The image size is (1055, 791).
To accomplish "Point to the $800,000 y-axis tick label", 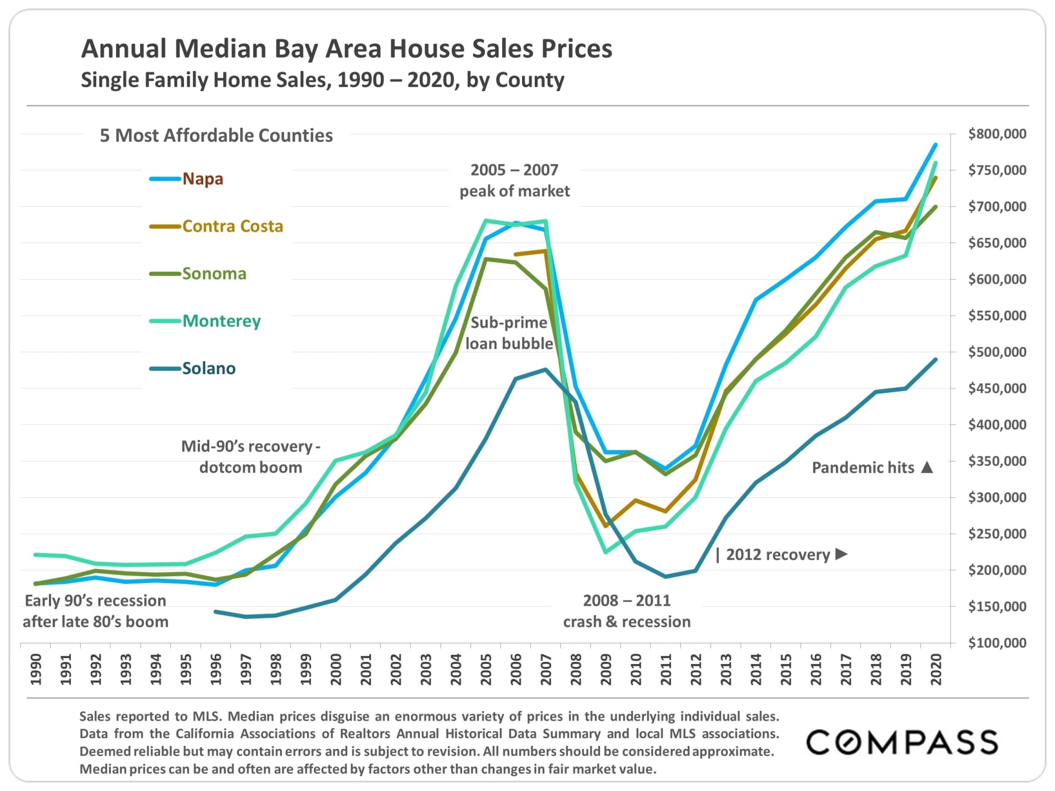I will tap(997, 134).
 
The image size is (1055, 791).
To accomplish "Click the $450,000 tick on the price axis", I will tap(997, 388).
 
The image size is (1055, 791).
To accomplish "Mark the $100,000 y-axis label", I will tap(997, 643).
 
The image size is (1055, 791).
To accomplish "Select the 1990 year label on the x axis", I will tap(36, 669).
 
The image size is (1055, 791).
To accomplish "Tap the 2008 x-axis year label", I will tap(576, 669).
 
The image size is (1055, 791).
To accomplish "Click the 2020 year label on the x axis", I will tap(936, 669).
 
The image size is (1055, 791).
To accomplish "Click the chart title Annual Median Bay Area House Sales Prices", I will tap(346, 49).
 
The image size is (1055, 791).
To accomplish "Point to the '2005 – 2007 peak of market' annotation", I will tap(514, 181).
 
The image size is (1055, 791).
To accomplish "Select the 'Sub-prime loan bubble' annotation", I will tap(509, 333).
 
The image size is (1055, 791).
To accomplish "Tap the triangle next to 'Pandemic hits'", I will tap(927, 467).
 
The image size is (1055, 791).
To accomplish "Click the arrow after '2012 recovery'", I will tap(841, 554).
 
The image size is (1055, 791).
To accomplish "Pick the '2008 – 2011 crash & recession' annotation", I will tap(626, 611).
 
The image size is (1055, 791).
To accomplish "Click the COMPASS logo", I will tap(902, 742).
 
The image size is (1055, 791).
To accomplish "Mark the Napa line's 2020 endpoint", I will tap(936, 145).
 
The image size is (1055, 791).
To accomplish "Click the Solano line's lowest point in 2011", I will tap(666, 577).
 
